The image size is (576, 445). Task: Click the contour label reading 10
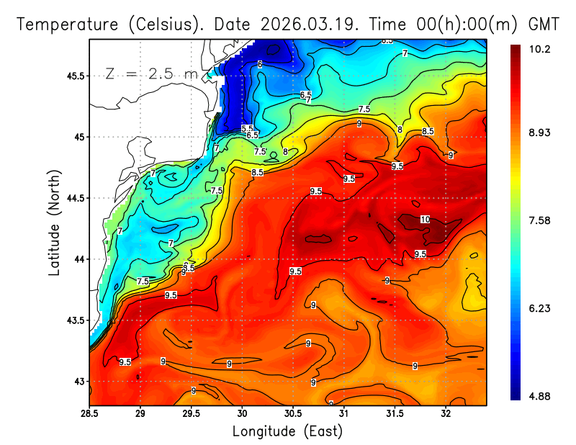425,220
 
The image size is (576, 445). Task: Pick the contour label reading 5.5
247,128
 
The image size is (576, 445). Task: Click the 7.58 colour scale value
529,220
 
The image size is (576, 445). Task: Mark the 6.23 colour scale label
529,308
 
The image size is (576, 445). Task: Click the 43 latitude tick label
79,381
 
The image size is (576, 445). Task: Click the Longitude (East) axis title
287,431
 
